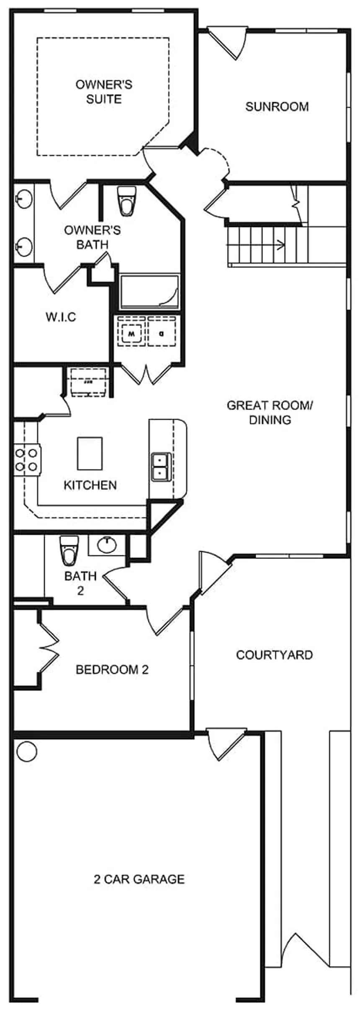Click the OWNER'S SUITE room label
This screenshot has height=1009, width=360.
coord(104,92)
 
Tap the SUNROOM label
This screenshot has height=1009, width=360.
coord(277,107)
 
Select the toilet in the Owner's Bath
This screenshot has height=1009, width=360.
coord(126,201)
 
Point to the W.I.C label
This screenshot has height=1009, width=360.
coord(61,317)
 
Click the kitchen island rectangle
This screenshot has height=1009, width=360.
coord(90,453)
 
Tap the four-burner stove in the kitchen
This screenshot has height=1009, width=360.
coord(27,460)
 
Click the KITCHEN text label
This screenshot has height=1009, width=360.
coord(90,485)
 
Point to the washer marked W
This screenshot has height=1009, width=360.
coord(131,334)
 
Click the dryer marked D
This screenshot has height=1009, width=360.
coord(161,334)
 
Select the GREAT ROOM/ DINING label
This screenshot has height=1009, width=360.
coord(270,412)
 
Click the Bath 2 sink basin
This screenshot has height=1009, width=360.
coord(107,545)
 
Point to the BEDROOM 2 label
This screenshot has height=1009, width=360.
coord(112,670)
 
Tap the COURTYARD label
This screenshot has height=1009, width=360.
coord(274,655)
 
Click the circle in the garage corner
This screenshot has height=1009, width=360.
coord(26,751)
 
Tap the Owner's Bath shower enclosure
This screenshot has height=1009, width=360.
coord(149,292)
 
